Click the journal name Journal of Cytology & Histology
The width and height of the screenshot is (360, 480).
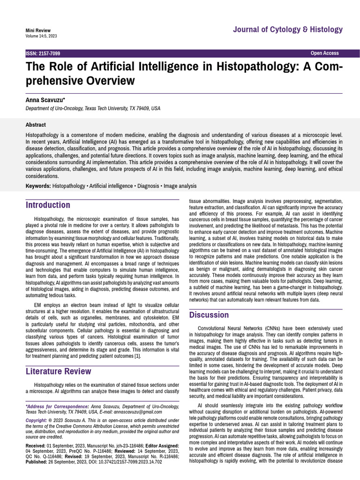click(x=288, y=30)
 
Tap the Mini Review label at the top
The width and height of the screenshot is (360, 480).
click(x=38, y=30)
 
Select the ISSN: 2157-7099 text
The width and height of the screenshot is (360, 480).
click(x=43, y=53)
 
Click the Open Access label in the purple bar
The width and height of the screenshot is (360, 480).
click(x=324, y=53)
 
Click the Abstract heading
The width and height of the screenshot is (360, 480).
click(x=36, y=125)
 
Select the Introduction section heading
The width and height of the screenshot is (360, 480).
click(x=48, y=205)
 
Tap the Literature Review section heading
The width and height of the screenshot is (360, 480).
click(x=58, y=371)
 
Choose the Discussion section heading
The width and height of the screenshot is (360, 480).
click(x=209, y=315)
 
